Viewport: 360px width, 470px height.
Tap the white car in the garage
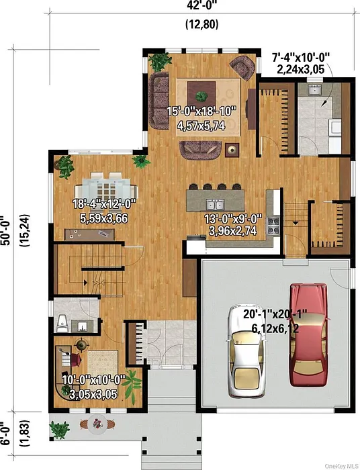pyautogui.click(x=246, y=350)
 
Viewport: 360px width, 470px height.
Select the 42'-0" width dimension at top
pyautogui.click(x=201, y=5)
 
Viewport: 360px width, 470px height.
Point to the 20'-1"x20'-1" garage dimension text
pyautogui.click(x=275, y=314)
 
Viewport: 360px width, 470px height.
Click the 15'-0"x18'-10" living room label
pyautogui.click(x=201, y=111)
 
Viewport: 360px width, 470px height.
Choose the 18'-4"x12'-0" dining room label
pyautogui.click(x=104, y=204)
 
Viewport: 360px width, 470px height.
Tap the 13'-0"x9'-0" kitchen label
pyautogui.click(x=233, y=218)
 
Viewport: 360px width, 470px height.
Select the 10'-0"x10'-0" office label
pyautogui.click(x=93, y=380)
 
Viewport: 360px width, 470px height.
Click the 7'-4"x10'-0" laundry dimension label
pyautogui.click(x=301, y=56)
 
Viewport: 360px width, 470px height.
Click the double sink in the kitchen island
pyautogui.click(x=215, y=205)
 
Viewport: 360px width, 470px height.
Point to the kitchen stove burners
pyautogui.click(x=273, y=226)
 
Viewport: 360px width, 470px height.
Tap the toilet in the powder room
pyautogui.click(x=62, y=323)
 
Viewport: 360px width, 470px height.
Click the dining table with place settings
pyautogui.click(x=106, y=189)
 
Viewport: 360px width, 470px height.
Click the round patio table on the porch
pyautogui.click(x=97, y=424)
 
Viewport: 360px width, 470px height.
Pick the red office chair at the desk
pyautogui.click(x=76, y=359)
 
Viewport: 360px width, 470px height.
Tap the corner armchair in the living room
pyautogui.click(x=242, y=67)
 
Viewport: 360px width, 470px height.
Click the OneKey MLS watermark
pyautogui.click(x=341, y=466)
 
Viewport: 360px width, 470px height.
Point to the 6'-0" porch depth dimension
pyautogui.click(x=5, y=434)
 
